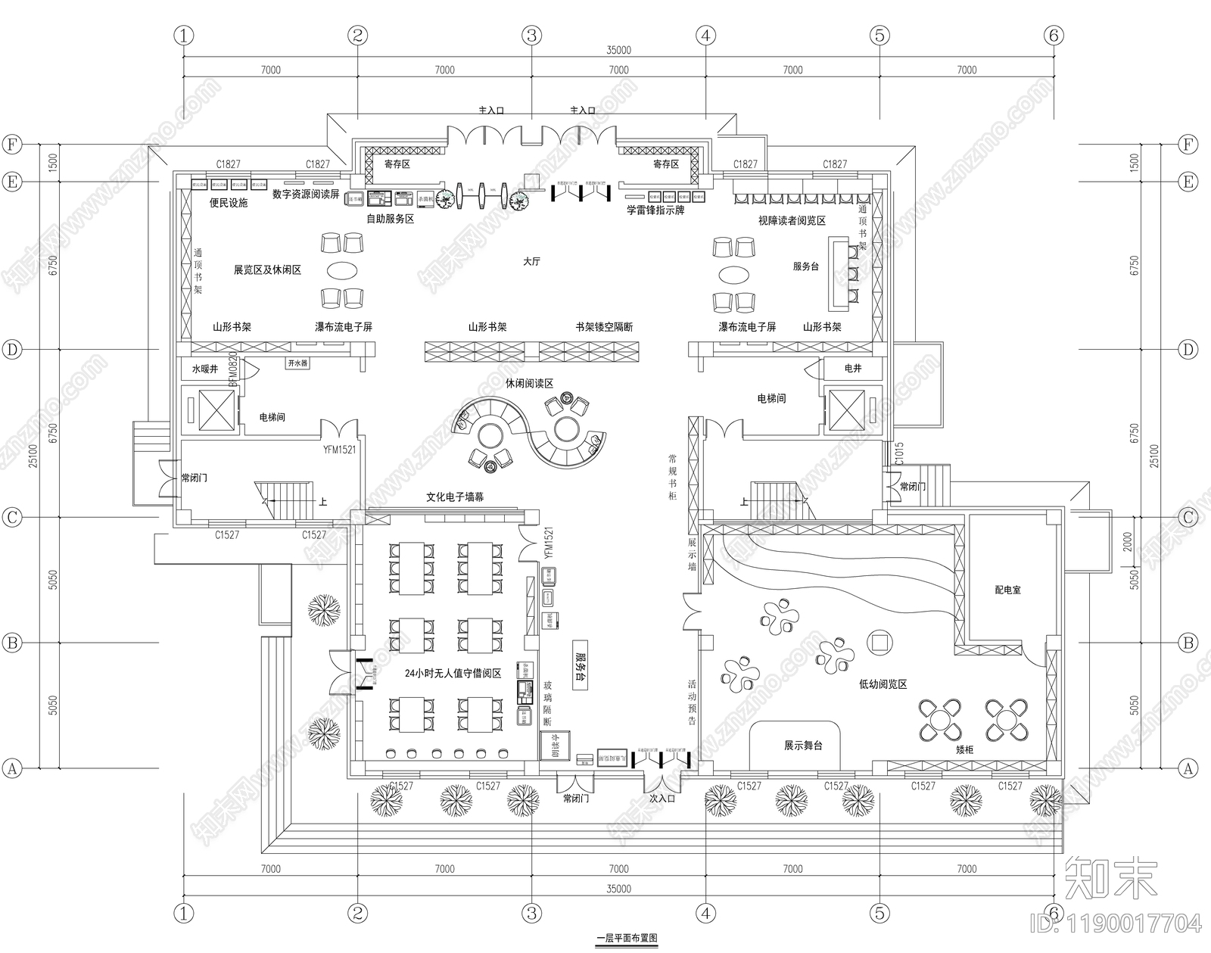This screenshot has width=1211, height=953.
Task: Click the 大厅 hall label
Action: tap(531, 261)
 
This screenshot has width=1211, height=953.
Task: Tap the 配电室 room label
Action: tap(1007, 589)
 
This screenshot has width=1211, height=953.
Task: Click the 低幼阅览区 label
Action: tap(883, 684)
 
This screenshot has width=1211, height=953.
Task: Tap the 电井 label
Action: tap(852, 368)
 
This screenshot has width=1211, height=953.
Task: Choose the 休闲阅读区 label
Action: tap(529, 384)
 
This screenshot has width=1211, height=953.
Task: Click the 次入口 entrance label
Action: tap(662, 798)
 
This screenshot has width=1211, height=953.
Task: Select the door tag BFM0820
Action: tap(234, 369)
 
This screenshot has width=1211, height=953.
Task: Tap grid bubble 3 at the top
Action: tap(531, 35)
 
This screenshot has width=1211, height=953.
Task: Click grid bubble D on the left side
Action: tap(12, 350)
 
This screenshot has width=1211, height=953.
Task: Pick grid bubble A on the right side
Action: tap(1188, 768)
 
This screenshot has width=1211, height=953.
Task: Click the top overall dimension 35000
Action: tap(618, 51)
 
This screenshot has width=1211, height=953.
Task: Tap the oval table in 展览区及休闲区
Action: tap(344, 270)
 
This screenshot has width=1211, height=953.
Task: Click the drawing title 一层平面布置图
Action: tap(627, 938)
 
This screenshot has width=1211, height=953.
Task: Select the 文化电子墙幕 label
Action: tap(454, 497)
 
